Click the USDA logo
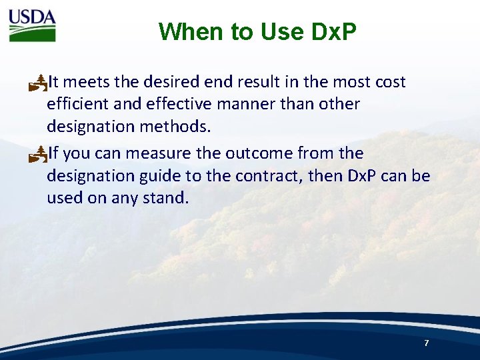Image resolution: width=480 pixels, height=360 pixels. point(32,25)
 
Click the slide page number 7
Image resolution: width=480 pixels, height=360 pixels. point(426,343)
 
